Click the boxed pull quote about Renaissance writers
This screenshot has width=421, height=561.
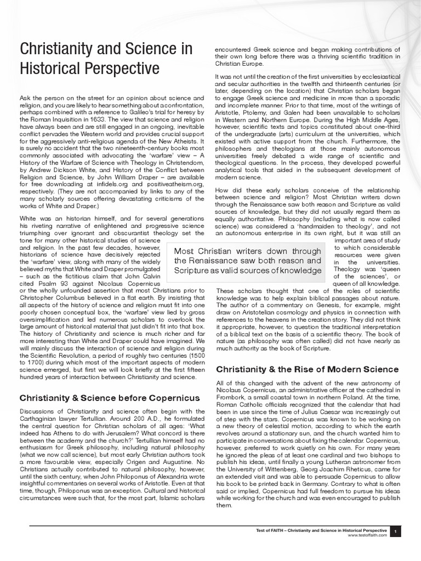click(x=247, y=260)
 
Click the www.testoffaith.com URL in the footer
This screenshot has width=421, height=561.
click(x=367, y=535)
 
